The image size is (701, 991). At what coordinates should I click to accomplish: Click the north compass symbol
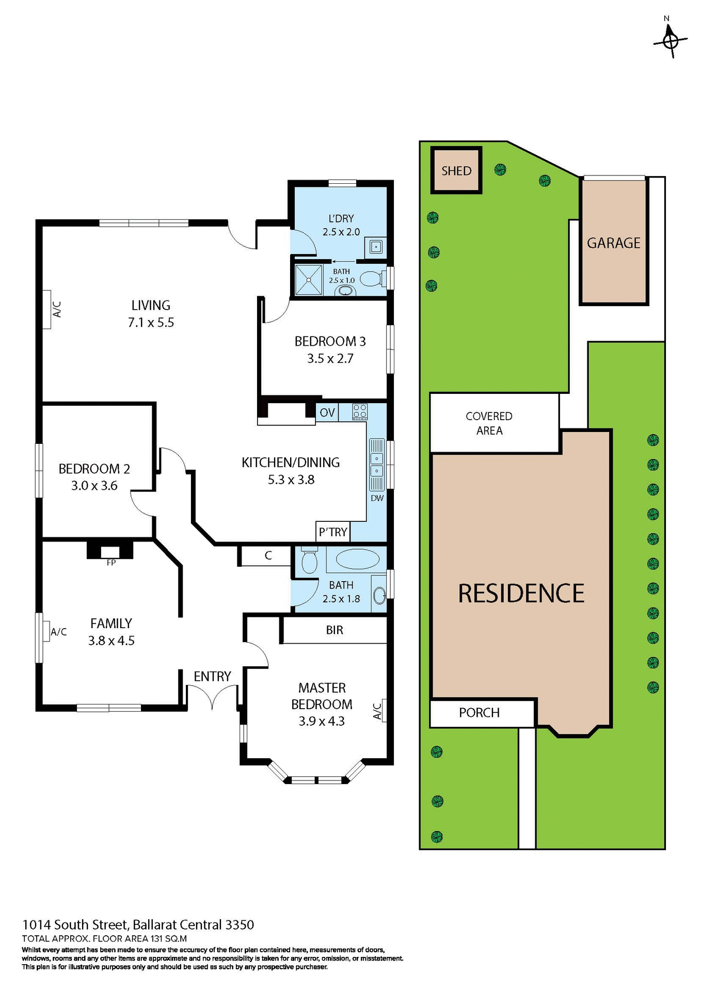click(670, 41)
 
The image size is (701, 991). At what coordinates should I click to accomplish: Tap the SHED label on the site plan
click(456, 171)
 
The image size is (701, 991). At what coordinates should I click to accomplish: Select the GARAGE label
click(613, 243)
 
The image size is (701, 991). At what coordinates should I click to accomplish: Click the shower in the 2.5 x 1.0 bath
click(309, 280)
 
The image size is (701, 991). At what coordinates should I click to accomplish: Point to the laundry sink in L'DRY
click(376, 247)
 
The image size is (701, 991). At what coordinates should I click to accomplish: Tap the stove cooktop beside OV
click(360, 411)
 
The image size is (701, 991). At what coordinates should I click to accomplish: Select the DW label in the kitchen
click(377, 498)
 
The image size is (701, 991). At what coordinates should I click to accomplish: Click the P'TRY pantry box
click(333, 532)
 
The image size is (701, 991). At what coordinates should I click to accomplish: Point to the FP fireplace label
click(111, 563)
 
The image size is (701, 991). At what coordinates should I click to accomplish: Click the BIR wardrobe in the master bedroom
click(334, 630)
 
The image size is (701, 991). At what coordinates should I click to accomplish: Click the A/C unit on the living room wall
click(47, 309)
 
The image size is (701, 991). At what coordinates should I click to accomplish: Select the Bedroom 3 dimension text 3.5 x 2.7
click(330, 358)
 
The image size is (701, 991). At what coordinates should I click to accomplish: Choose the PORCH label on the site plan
click(479, 713)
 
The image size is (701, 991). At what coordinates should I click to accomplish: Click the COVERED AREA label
click(489, 423)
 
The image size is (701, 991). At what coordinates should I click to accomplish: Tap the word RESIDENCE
click(521, 594)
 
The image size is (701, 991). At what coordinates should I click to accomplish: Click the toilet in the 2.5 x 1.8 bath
click(309, 561)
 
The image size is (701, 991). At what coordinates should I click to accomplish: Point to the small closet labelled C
click(268, 555)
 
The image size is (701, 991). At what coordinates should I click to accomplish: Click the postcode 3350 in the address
click(240, 924)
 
